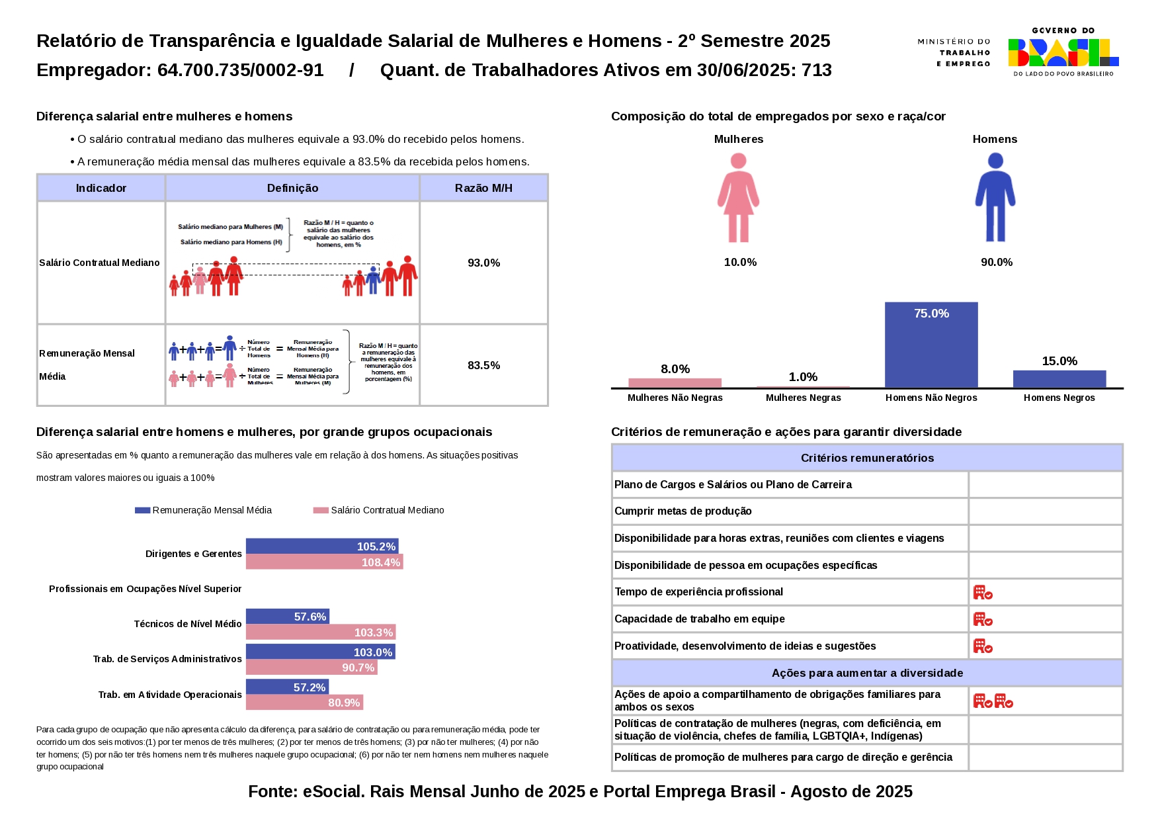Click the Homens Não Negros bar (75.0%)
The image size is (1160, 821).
(931, 345)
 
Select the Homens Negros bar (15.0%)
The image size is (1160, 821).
(1059, 379)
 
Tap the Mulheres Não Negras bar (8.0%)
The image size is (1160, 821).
(675, 383)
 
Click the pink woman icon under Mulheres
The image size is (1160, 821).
(738, 198)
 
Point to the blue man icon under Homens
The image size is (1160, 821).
(995, 198)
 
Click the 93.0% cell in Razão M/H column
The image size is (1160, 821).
(483, 263)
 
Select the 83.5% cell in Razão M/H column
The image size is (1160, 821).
(483, 365)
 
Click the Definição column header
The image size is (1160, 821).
(292, 188)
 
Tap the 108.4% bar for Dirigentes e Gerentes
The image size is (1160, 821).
(324, 562)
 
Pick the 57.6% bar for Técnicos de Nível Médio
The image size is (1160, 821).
(287, 617)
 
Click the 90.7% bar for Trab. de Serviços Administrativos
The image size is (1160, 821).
(311, 668)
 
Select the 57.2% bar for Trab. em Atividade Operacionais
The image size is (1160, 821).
(287, 687)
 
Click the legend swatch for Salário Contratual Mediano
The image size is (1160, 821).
(321, 510)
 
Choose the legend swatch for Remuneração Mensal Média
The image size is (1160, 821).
(142, 510)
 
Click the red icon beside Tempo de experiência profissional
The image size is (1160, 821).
(983, 593)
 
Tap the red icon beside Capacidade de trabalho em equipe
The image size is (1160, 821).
(983, 620)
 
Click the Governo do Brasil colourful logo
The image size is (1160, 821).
(1063, 52)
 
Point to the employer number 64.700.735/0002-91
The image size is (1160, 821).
(240, 70)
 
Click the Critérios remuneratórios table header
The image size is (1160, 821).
(867, 458)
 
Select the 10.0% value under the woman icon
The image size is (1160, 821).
(740, 262)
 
